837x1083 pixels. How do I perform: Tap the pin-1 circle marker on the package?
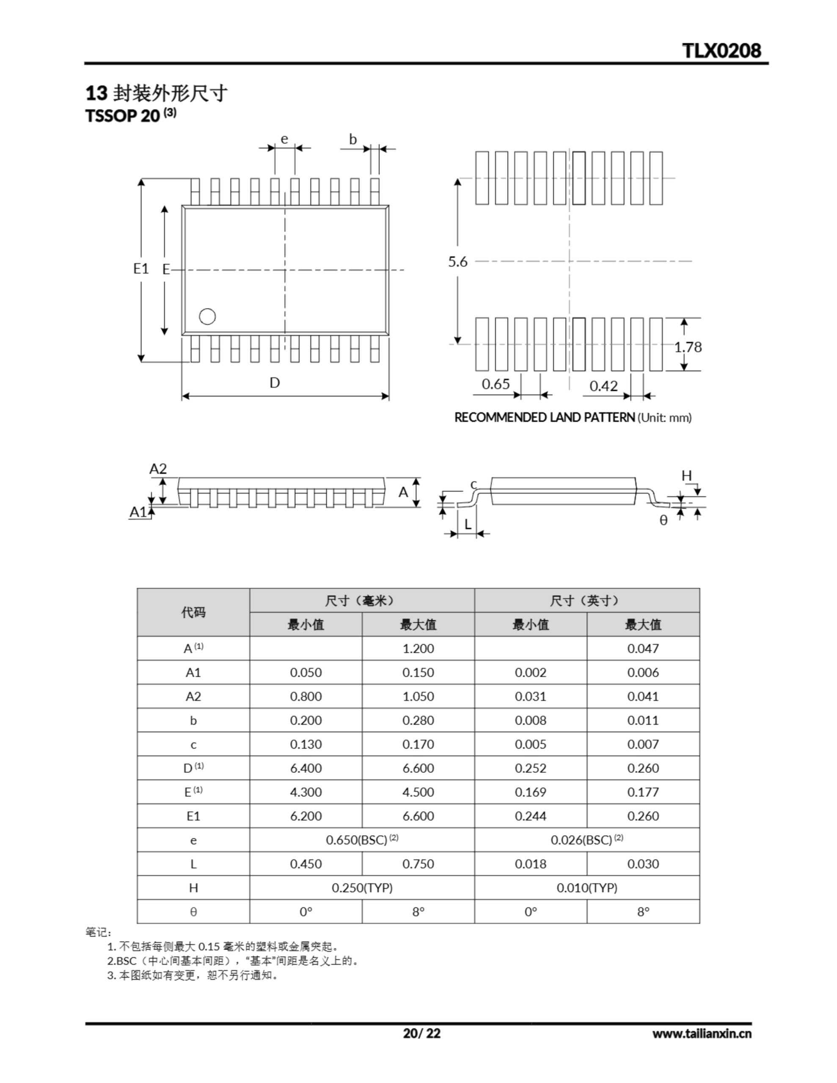point(207,316)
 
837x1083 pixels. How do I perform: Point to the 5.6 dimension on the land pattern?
point(457,261)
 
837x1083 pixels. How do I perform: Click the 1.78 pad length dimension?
point(688,347)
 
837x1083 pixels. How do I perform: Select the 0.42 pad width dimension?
point(603,386)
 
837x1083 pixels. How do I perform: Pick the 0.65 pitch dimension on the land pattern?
point(496,384)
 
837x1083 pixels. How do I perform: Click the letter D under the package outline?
point(274,382)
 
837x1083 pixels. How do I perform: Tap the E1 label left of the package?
point(141,268)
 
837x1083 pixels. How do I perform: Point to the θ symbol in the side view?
point(664,520)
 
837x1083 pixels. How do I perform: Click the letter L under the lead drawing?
point(467,524)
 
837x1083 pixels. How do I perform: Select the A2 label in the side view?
point(158,469)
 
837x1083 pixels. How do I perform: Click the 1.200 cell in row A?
point(418,649)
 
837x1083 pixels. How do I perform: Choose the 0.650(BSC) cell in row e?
point(362,840)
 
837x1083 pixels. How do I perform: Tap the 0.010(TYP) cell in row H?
point(586,888)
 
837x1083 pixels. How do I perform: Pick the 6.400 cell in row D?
point(306,768)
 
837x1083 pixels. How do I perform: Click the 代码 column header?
point(193,613)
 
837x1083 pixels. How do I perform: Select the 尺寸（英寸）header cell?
point(586,600)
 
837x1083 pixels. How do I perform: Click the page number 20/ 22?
point(421,1034)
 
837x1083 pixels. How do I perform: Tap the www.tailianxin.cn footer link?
point(702,1034)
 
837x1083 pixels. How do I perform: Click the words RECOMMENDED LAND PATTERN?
point(544,418)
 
